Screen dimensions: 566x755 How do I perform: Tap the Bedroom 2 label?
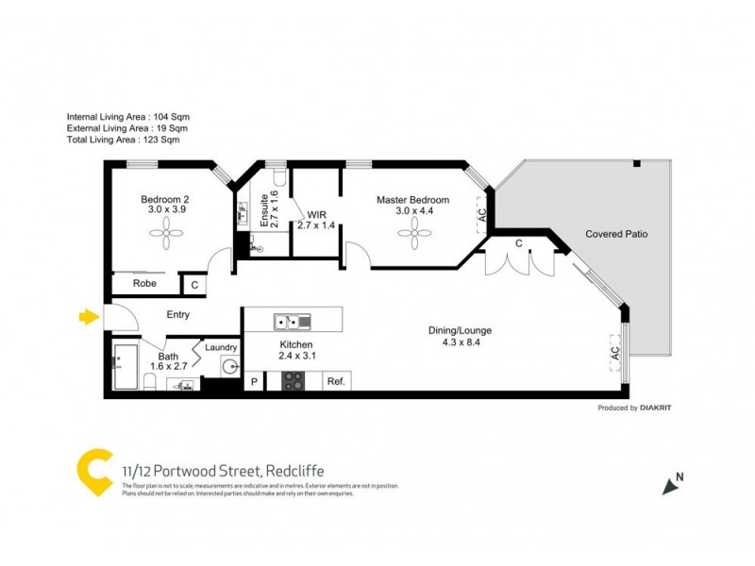(166, 200)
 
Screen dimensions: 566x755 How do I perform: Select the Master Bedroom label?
(412, 200)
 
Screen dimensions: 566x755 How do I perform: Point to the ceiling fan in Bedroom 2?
(166, 233)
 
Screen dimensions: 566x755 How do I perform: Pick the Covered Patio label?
(616, 234)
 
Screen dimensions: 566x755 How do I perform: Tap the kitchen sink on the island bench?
(292, 322)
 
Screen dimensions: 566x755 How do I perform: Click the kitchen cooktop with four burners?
(294, 381)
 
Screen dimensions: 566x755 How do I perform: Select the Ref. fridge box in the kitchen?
(335, 381)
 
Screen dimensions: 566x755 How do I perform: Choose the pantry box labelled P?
(254, 381)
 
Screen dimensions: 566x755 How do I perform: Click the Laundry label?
(220, 347)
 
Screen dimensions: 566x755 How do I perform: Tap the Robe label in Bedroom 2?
(144, 283)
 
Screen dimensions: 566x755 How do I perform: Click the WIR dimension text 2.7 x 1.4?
(316, 225)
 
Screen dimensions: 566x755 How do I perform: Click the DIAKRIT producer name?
(656, 408)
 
